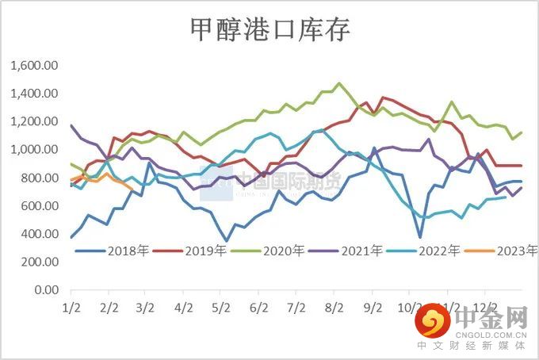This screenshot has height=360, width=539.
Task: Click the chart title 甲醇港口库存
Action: click(270, 29)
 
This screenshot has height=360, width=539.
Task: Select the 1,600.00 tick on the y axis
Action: click(36, 66)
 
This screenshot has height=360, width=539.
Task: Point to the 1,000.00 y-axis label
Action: click(36, 150)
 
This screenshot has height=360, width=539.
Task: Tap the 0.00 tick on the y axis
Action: click(47, 290)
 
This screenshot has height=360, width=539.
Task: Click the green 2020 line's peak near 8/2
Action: click(339, 83)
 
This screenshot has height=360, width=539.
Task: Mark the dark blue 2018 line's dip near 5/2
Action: click(227, 240)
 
